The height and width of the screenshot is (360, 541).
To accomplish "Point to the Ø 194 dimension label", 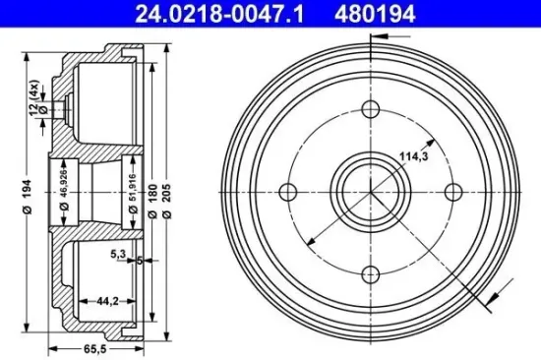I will click(30, 186).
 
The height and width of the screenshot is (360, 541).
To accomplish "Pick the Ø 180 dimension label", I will click(153, 187).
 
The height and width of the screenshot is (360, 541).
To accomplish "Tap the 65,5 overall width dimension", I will click(92, 347).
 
